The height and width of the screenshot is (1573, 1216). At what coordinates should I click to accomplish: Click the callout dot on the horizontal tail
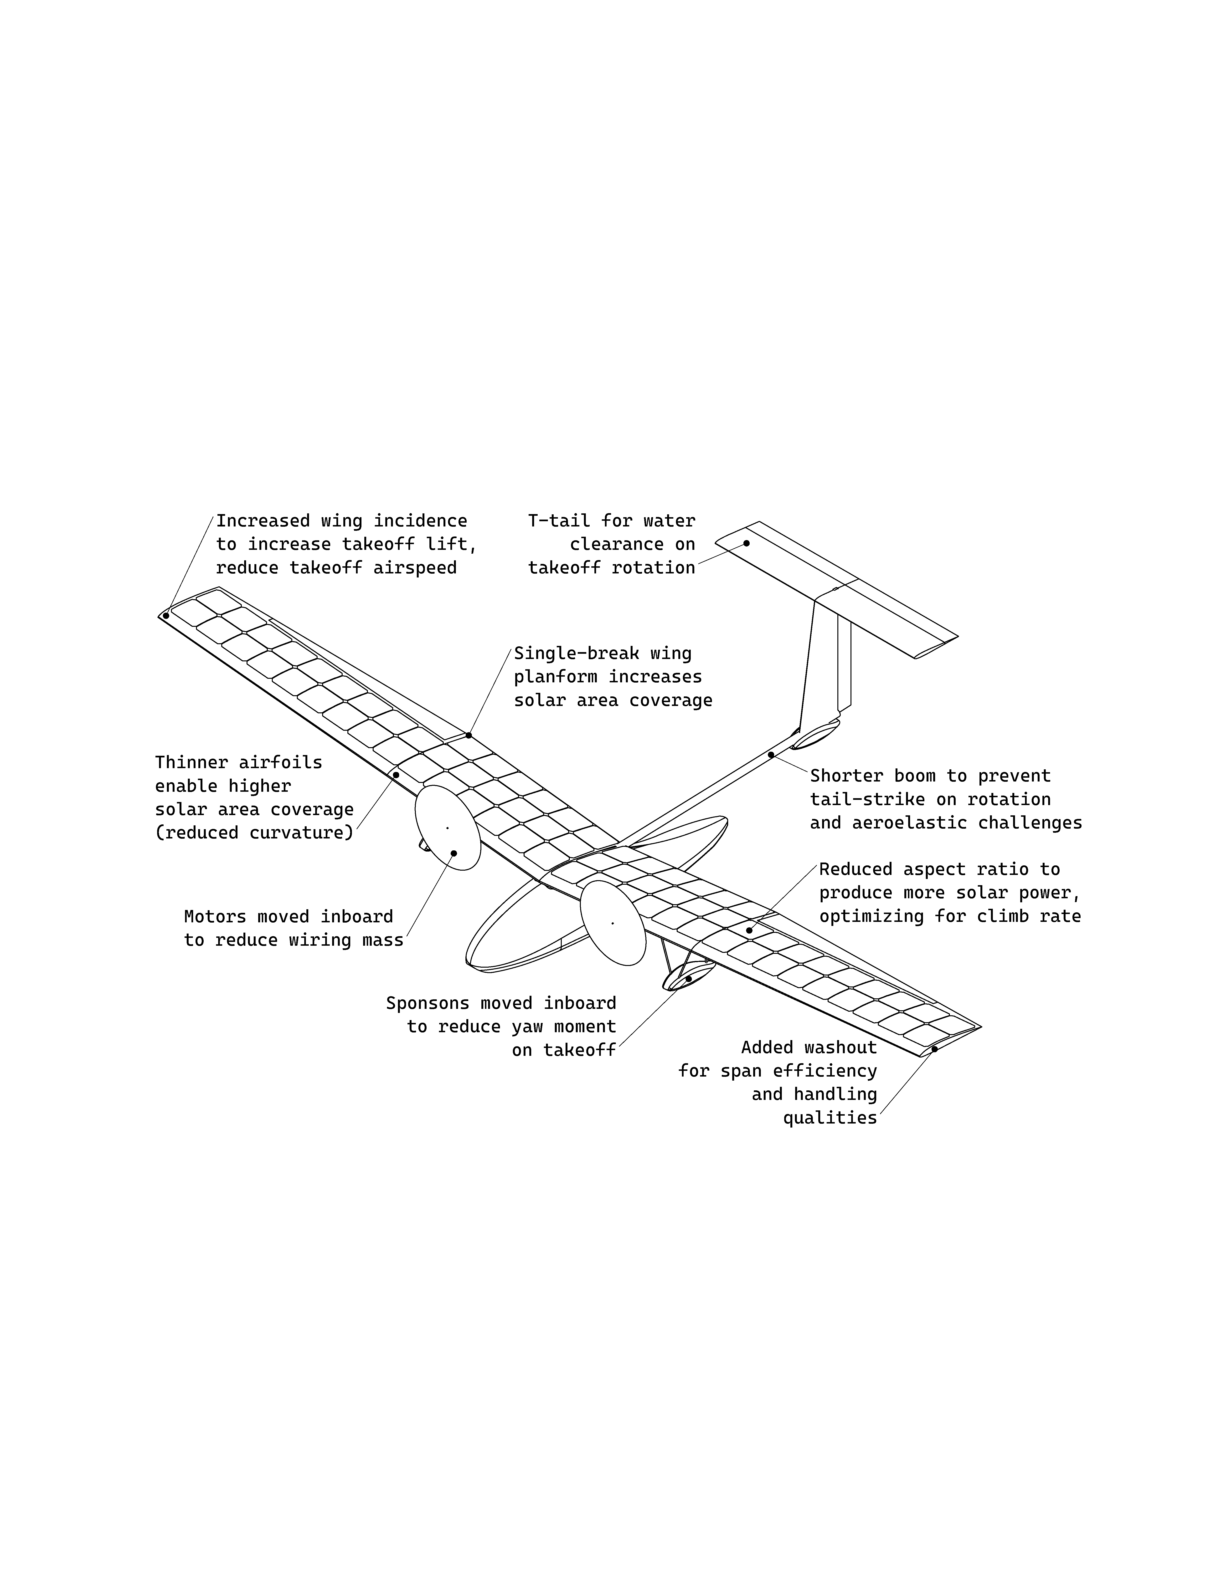tap(746, 543)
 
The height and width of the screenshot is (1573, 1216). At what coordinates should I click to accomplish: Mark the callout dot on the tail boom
tap(771, 755)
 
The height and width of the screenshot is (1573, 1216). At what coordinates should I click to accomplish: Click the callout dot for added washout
tap(934, 1049)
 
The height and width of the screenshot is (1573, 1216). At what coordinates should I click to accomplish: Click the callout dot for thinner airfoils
tap(396, 775)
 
